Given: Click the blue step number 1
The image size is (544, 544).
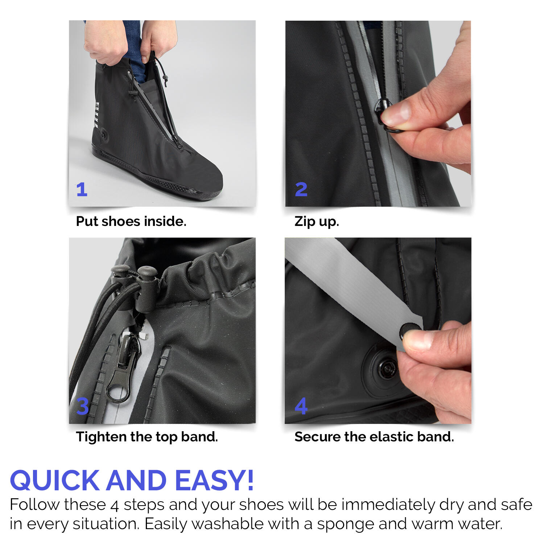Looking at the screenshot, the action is (82, 189).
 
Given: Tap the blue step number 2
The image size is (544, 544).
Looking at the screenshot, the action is (301, 189).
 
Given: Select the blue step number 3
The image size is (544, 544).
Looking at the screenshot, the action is (83, 406).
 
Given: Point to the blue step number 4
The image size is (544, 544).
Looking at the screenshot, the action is (301, 406).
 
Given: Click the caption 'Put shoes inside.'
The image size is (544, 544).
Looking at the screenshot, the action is (131, 221).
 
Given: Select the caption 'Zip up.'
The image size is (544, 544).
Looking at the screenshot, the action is (317, 221).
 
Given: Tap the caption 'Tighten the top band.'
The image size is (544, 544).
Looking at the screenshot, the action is (147, 437).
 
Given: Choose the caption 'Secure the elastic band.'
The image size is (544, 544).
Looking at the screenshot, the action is (374, 437).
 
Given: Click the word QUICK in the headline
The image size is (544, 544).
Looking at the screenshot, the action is (55, 480).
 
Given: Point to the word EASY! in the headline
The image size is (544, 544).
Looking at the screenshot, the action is (214, 480).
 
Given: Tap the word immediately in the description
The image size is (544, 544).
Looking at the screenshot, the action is (388, 505).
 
